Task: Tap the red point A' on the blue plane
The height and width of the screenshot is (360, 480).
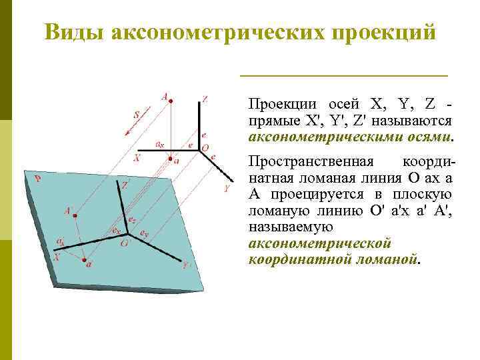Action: coord(75,215)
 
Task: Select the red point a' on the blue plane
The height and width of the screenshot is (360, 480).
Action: coord(85,261)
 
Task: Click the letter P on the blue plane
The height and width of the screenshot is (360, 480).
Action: coord(38,179)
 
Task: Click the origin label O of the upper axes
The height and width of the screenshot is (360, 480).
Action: coord(205,147)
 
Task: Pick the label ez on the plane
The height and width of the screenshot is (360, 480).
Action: coord(133,220)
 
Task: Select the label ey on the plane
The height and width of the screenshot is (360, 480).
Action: coord(144,232)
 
